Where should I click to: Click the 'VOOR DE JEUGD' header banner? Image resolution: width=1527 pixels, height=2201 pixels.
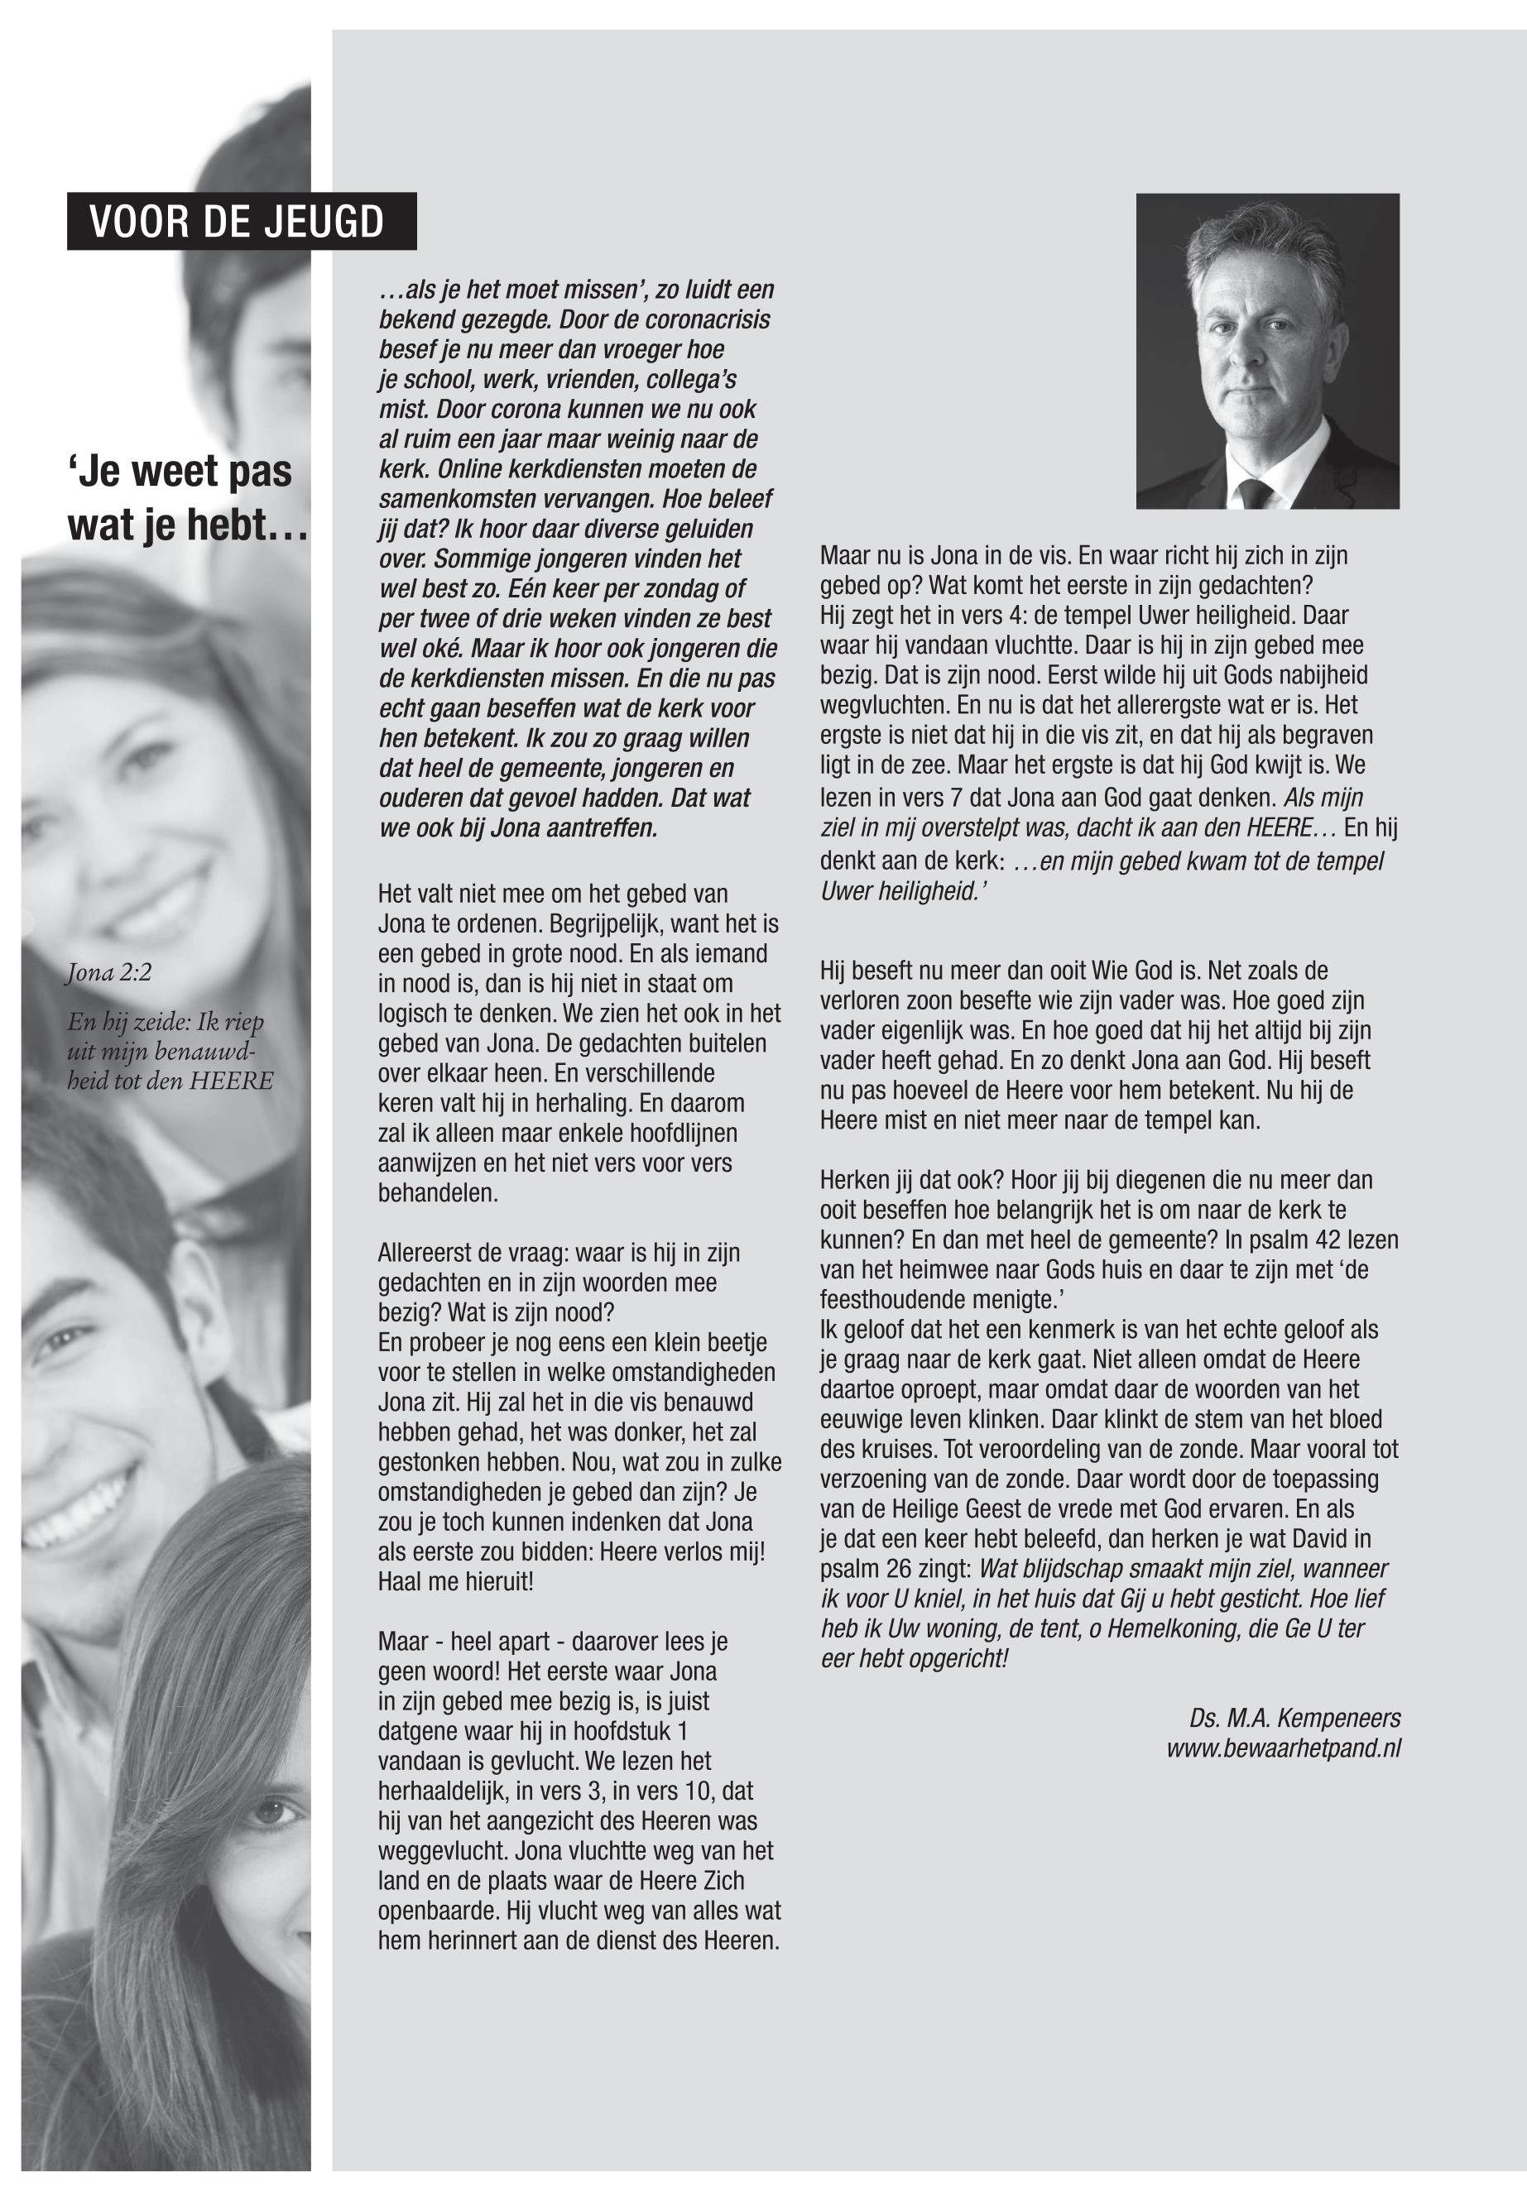coord(241,222)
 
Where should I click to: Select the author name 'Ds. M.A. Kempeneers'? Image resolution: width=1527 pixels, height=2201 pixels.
coord(1294,1718)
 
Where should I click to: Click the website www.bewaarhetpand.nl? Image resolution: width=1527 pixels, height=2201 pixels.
coord(1283,1748)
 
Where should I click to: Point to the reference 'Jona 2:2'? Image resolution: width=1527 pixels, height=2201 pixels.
coord(108,974)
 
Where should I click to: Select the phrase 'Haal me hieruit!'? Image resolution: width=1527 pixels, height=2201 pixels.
coord(455,1581)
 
